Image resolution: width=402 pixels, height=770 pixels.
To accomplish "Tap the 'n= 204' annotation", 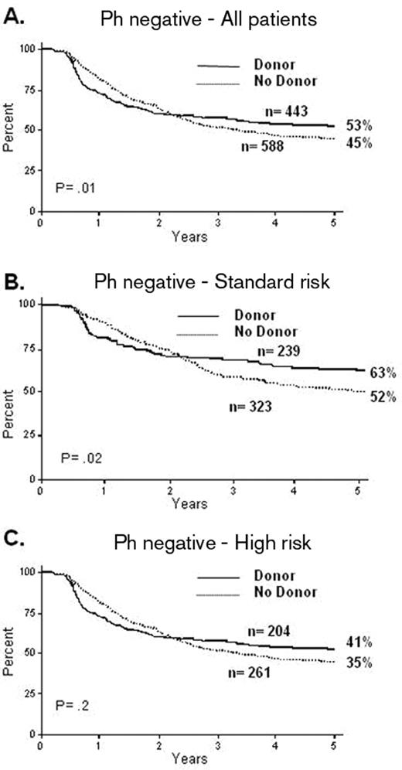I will (x=296, y=632).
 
